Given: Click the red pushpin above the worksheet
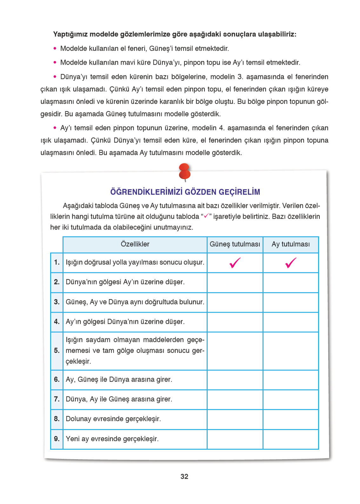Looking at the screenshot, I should coord(184,172).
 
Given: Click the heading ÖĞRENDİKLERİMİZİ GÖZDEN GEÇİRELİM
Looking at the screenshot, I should coord(185,192).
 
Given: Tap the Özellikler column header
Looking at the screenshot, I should coord(135,244).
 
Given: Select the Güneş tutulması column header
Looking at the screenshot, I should coord(235,244).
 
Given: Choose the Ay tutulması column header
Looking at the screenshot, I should coord(290,244).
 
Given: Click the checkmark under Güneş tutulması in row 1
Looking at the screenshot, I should coord(235,263).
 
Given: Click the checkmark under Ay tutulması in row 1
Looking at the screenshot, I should coord(290,263).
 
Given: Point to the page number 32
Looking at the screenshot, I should coord(184,476).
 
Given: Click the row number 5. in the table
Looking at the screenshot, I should coord(57,351).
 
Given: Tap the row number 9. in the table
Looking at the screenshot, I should coord(57,439).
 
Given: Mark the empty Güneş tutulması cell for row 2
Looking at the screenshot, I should coord(235,282).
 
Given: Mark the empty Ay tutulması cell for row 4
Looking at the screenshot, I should coord(290,322).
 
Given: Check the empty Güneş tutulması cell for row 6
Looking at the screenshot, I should coord(235,380).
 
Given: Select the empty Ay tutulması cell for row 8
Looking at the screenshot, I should coord(290,419).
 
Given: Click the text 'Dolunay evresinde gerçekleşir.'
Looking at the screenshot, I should coord(113,419).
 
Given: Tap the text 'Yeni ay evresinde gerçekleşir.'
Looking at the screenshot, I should coord(112,439).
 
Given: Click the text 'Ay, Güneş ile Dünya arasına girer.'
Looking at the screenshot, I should coord(119,380).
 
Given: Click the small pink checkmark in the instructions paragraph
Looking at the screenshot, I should coord(206,216).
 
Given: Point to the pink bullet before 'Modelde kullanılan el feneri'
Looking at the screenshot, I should coord(55,49).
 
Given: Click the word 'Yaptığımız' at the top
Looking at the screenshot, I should coord(70,34).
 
